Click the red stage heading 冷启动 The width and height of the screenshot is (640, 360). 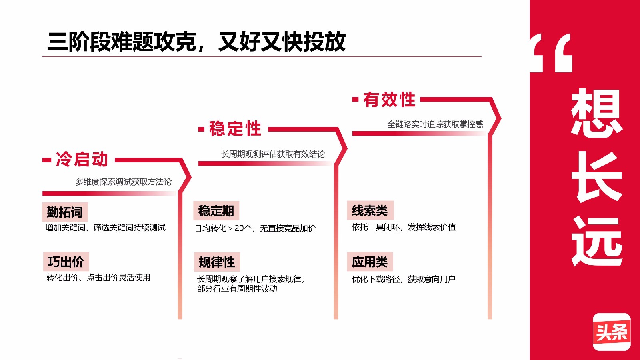pyautogui.click(x=82, y=159)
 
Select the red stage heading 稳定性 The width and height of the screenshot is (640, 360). pyautogui.click(x=235, y=128)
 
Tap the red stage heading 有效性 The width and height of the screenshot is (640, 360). pyautogui.click(x=389, y=100)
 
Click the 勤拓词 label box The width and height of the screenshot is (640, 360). pyautogui.click(x=65, y=212)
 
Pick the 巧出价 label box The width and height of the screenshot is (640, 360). pyautogui.click(x=66, y=262)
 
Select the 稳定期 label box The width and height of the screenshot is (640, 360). pyautogui.click(x=216, y=211)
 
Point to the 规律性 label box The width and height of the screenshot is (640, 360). pyautogui.click(x=217, y=262)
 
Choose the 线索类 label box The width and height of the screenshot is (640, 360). pyautogui.click(x=370, y=210)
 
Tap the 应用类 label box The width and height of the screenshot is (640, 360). pyautogui.click(x=370, y=262)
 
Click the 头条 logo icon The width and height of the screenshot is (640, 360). pyautogui.click(x=612, y=332)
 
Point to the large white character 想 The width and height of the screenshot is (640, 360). pyautogui.click(x=596, y=112)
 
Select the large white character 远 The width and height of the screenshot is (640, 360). pyautogui.click(x=596, y=242)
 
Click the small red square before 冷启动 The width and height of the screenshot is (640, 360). pyautogui.click(x=47, y=160)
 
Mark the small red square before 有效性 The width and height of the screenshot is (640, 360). pyautogui.click(x=356, y=100)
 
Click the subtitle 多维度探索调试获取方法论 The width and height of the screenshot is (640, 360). pyautogui.click(x=124, y=182)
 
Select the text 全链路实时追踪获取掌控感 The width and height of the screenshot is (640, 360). pyautogui.click(x=435, y=124)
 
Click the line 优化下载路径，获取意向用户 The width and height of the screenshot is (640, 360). pyautogui.click(x=404, y=279)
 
